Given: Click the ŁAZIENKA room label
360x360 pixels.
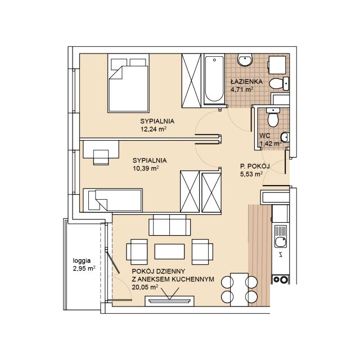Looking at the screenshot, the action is pyautogui.click(x=246, y=82).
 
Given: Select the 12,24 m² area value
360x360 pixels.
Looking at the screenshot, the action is pyautogui.click(x=154, y=129).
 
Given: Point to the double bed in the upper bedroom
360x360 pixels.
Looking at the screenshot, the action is pyautogui.click(x=128, y=83).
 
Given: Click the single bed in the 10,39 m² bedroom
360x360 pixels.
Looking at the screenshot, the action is pyautogui.click(x=112, y=200).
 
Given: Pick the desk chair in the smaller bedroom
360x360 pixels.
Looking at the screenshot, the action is pyautogui.click(x=101, y=157).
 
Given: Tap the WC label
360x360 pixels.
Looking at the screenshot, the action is pyautogui.click(x=265, y=136).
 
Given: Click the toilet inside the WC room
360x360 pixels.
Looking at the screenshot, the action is pyautogui.click(x=273, y=117).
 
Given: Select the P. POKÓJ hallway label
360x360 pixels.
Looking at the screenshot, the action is pyautogui.click(x=255, y=166).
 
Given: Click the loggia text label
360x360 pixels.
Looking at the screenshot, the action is pyautogui.click(x=82, y=261).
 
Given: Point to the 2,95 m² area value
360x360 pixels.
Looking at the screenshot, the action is pyautogui.click(x=84, y=268).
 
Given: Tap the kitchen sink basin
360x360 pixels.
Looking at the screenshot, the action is pyautogui.click(x=281, y=242).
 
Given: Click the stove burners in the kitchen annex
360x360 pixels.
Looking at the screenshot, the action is pyautogui.click(x=280, y=280).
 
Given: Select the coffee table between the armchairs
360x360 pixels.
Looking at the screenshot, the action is pyautogui.click(x=169, y=251).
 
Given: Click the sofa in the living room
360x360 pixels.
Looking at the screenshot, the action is pyautogui.click(x=169, y=225).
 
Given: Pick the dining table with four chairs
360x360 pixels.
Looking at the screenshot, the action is pyautogui.click(x=239, y=290).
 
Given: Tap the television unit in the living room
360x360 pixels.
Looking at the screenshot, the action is pyautogui.click(x=169, y=301).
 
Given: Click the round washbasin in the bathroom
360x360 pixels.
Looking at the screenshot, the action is pyautogui.click(x=245, y=60).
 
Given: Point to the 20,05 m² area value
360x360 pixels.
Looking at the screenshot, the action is pyautogui.click(x=145, y=287).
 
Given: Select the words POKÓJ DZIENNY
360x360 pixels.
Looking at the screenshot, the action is pyautogui.click(x=159, y=271).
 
